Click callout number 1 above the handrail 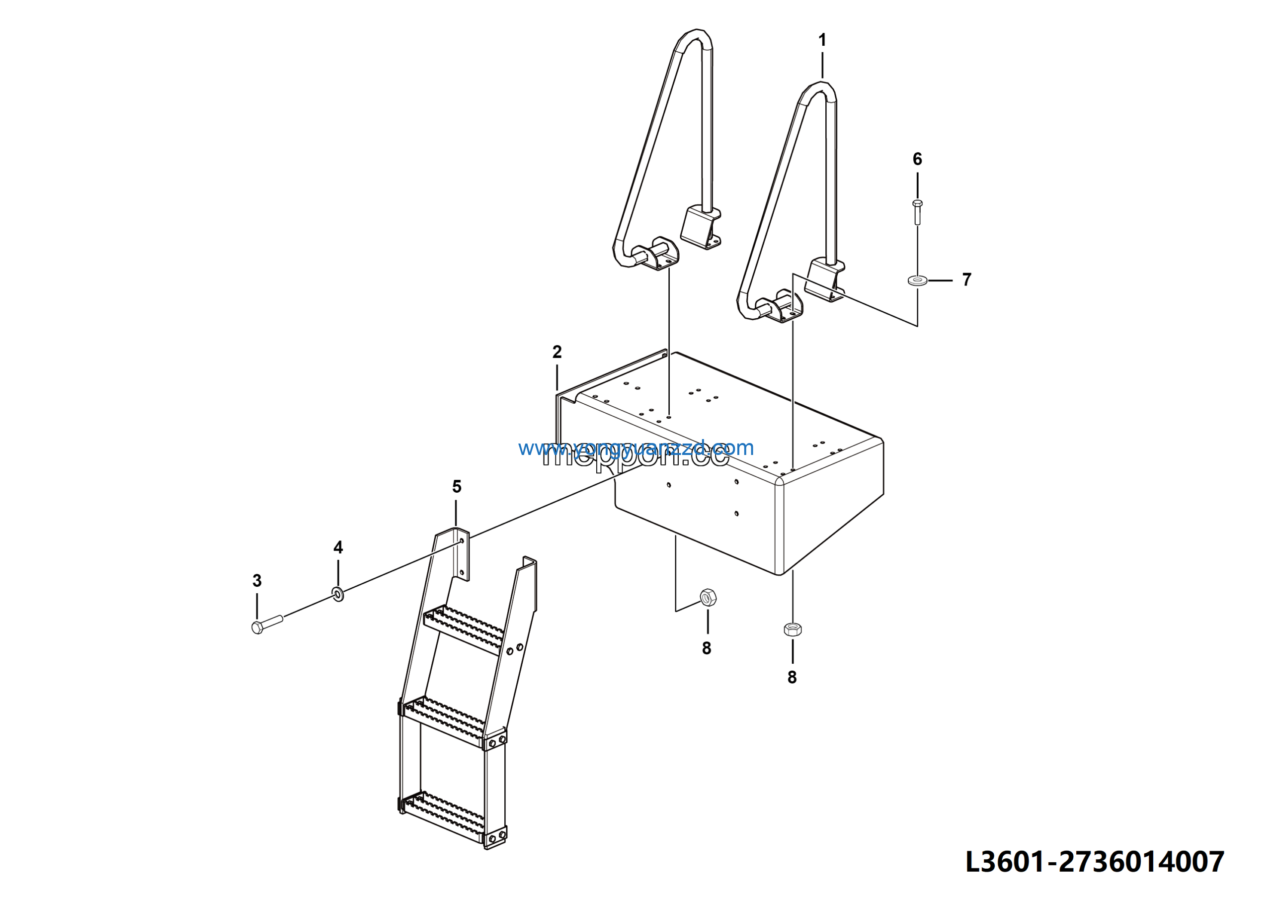pyautogui.click(x=822, y=40)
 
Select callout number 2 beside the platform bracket pyautogui.click(x=557, y=352)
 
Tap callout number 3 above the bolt pyautogui.click(x=257, y=580)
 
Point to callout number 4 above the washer pyautogui.click(x=338, y=547)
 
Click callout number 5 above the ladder pyautogui.click(x=457, y=486)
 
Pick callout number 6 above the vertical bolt pyautogui.click(x=917, y=159)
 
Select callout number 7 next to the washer pyautogui.click(x=967, y=279)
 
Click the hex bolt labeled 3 pyautogui.click(x=266, y=624)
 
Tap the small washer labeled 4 pyautogui.click(x=338, y=595)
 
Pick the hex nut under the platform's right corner pyautogui.click(x=793, y=629)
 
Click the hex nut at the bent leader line pyautogui.click(x=708, y=598)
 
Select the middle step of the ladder pyautogui.click(x=443, y=720)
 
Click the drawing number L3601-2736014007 pyautogui.click(x=1095, y=862)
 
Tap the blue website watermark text pyautogui.click(x=636, y=448)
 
